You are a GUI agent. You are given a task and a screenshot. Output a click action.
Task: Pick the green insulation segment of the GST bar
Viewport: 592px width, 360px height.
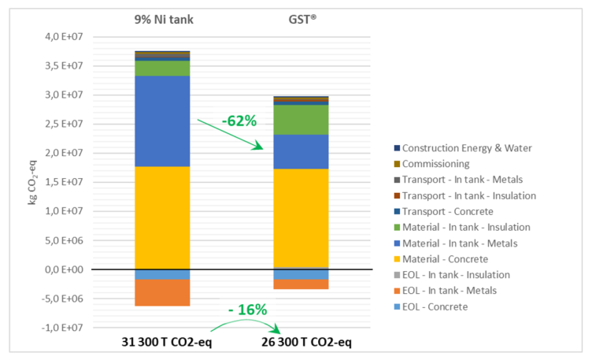pyautogui.click(x=300, y=120)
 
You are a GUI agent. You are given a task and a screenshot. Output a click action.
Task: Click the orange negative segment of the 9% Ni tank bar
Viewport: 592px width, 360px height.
pyautogui.click(x=162, y=292)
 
